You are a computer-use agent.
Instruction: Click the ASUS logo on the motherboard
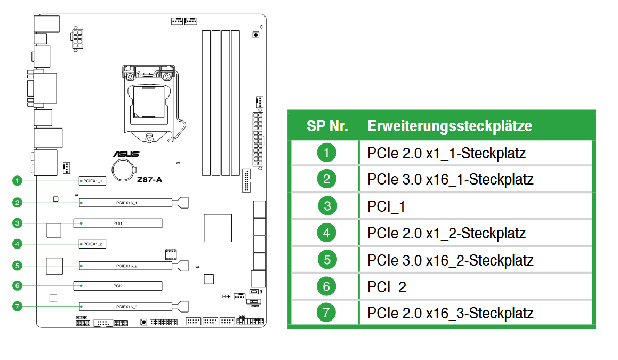[126, 154]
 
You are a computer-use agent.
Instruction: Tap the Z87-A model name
[149, 180]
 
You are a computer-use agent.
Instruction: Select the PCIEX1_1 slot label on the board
[92, 181]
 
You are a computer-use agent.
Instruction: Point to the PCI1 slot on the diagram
[118, 223]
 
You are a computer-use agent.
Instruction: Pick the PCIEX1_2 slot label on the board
[92, 244]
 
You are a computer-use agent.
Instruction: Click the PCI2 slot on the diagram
[118, 286]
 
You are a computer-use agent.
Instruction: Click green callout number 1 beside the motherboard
[17, 181]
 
